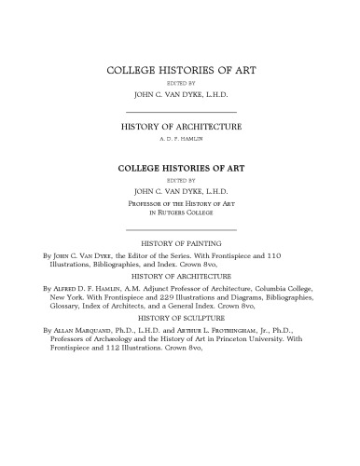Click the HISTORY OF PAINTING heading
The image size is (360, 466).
179,242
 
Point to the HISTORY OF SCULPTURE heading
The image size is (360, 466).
179,317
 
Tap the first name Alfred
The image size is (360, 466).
55,290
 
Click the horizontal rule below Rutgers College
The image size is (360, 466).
179,229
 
